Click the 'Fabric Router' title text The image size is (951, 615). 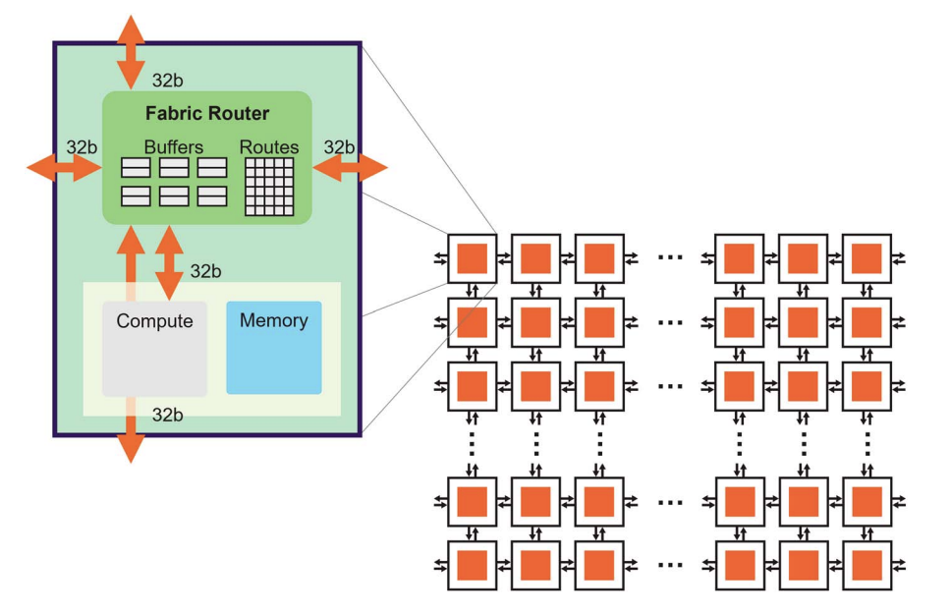pyautogui.click(x=206, y=113)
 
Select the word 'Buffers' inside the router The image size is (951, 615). pyautogui.click(x=173, y=147)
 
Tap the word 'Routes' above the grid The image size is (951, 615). pyautogui.click(x=268, y=147)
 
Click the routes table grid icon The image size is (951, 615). pyautogui.click(x=268, y=187)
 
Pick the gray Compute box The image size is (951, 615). pyautogui.click(x=154, y=349)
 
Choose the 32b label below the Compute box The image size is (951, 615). pyautogui.click(x=167, y=416)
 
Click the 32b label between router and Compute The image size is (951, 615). pyautogui.click(x=205, y=271)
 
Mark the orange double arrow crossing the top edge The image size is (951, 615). pyautogui.click(x=131, y=52)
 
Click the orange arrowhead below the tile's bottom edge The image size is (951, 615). pyautogui.click(x=131, y=447)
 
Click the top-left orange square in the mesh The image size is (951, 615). pyautogui.click(x=472, y=258)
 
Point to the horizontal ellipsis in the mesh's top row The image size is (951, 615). pyautogui.click(x=669, y=258)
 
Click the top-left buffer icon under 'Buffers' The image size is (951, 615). pyautogui.click(x=136, y=168)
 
